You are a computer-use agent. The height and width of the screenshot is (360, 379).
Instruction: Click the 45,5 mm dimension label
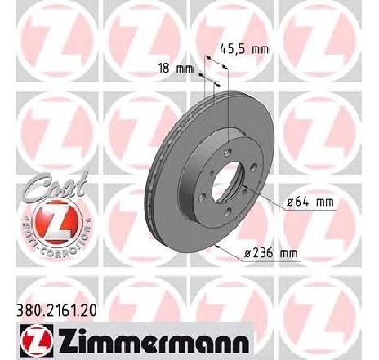click(x=244, y=49)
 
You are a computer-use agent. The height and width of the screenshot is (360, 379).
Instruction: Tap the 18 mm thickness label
click(x=176, y=69)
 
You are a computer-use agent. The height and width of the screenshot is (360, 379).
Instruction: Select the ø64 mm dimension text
click(x=310, y=202)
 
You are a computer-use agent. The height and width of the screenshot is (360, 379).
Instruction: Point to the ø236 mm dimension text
click(x=271, y=253)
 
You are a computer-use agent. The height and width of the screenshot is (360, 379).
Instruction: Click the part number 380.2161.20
click(x=56, y=310)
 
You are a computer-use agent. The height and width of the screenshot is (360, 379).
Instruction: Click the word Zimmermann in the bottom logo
click(x=154, y=340)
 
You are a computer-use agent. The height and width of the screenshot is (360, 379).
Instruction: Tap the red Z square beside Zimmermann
click(x=37, y=340)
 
